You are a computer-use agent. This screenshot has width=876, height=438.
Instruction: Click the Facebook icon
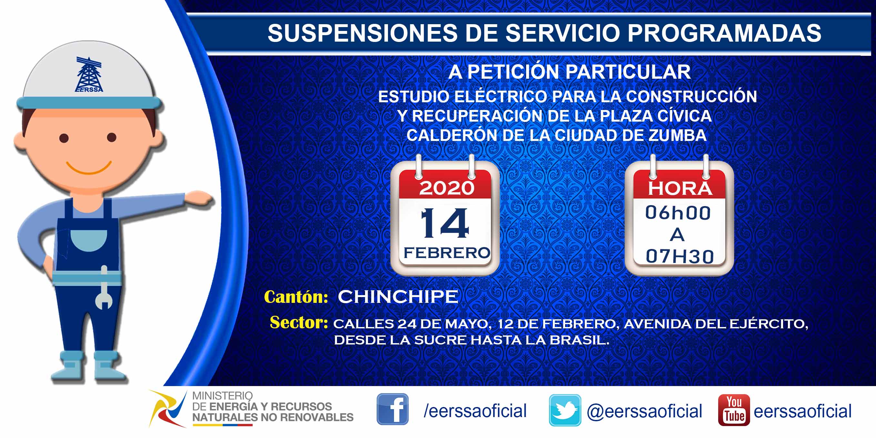pos(392,409)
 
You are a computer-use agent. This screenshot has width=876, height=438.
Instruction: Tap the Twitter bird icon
pos(565,410)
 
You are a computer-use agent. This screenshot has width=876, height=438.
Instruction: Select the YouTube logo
pos(734,410)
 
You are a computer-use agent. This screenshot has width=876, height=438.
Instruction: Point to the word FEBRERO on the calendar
pos(447,253)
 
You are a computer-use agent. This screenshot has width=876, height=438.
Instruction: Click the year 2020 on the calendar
pos(446,188)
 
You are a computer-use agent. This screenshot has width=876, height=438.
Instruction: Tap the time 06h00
pos(678,213)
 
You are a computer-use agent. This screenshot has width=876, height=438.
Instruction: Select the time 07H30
pos(679,256)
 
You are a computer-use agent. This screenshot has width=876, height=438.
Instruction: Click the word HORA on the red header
pos(680,189)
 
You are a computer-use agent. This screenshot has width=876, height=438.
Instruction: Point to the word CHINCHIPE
pos(398,297)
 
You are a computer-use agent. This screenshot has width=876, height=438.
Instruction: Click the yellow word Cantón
pos(296,297)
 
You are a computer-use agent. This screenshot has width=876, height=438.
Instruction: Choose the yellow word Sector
pos(299,323)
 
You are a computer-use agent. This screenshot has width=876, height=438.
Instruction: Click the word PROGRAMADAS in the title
pos(724,33)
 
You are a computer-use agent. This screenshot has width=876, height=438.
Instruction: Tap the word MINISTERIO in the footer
pos(222,396)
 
